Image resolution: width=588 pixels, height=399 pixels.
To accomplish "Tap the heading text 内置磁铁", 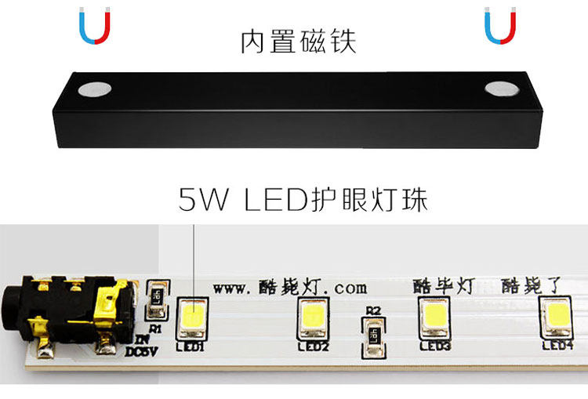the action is [298, 42].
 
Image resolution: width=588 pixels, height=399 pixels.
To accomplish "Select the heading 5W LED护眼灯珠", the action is [303, 201].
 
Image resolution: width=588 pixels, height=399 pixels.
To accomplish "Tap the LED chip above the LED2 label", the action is [314, 317].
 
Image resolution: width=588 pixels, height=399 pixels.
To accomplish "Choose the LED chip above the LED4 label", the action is [559, 316].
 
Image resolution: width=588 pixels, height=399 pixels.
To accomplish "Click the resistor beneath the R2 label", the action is [372, 336].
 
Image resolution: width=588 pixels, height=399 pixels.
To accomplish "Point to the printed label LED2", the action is [314, 346].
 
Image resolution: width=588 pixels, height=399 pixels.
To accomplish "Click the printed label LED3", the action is [435, 345].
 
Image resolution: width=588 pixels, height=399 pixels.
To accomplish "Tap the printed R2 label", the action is [372, 310].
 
